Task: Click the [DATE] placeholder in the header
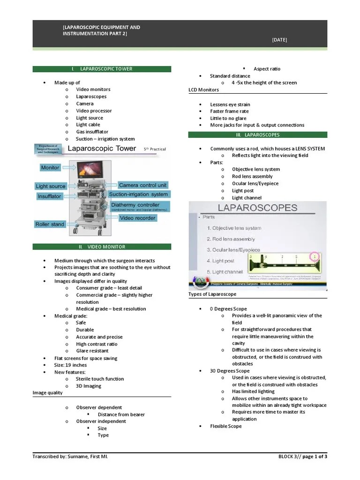(x=279, y=40)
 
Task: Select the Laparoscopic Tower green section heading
(x=102, y=69)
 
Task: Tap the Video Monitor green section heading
(x=102, y=247)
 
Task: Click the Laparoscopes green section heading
(x=257, y=135)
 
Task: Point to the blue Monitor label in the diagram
(x=50, y=167)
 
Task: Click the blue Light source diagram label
(x=51, y=186)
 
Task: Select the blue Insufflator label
(x=49, y=196)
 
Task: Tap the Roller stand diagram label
(x=50, y=224)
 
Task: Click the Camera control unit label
(x=142, y=185)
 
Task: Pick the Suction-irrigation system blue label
(x=138, y=194)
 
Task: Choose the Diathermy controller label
(x=139, y=207)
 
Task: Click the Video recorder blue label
(x=138, y=218)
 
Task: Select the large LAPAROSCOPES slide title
(x=250, y=208)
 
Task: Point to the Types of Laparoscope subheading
(x=212, y=294)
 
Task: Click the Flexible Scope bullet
(x=226, y=426)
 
